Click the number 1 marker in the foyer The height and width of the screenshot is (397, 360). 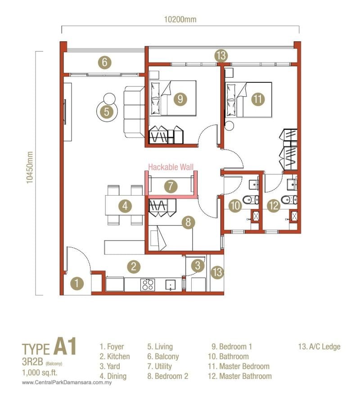tap(78, 284)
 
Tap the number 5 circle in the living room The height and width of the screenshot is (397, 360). tap(107, 112)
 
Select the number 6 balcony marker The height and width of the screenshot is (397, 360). tap(104, 62)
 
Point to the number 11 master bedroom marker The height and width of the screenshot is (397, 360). tap(257, 99)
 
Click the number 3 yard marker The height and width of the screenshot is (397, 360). tap(197, 265)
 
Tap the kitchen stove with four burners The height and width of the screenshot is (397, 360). tap(148, 285)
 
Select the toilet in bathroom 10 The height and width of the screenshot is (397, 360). tap(248, 200)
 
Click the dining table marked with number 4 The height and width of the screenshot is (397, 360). tap(125, 206)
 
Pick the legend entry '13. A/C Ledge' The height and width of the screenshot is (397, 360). tap(319, 347)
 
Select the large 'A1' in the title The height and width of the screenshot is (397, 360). tap(65, 348)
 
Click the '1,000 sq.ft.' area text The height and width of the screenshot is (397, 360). tap(40, 372)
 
